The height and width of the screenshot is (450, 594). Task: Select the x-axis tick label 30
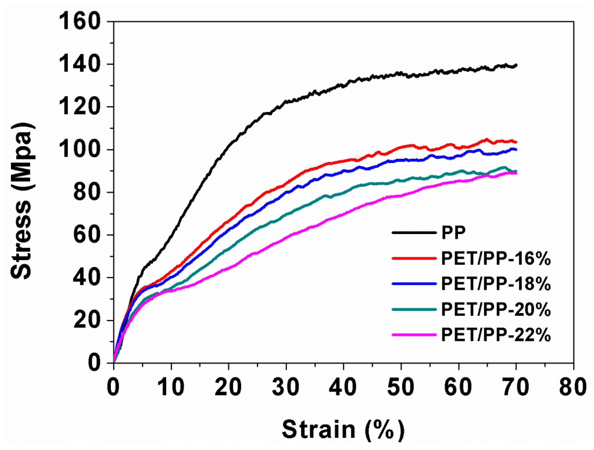point(286,387)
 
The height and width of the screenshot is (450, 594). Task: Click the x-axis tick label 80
point(573,387)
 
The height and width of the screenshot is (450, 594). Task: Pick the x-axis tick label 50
point(401,387)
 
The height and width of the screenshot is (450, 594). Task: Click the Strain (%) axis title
point(343,430)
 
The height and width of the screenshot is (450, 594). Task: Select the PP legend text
point(453,232)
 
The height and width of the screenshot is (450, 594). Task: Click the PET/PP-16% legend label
point(496,259)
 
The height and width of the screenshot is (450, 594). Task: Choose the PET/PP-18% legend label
point(496,283)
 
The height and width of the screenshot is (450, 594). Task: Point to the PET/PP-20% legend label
point(496,309)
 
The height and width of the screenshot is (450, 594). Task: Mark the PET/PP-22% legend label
point(496,335)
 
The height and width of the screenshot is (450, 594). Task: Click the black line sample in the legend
point(414,232)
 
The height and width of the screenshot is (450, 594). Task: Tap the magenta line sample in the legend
point(414,334)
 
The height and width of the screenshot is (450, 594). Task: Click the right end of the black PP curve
point(516,66)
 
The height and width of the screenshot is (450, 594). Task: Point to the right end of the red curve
point(516,142)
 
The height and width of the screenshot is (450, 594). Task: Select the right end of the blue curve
point(516,150)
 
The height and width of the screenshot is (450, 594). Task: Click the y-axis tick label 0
point(94,363)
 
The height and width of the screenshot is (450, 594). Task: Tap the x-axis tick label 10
point(171,387)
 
